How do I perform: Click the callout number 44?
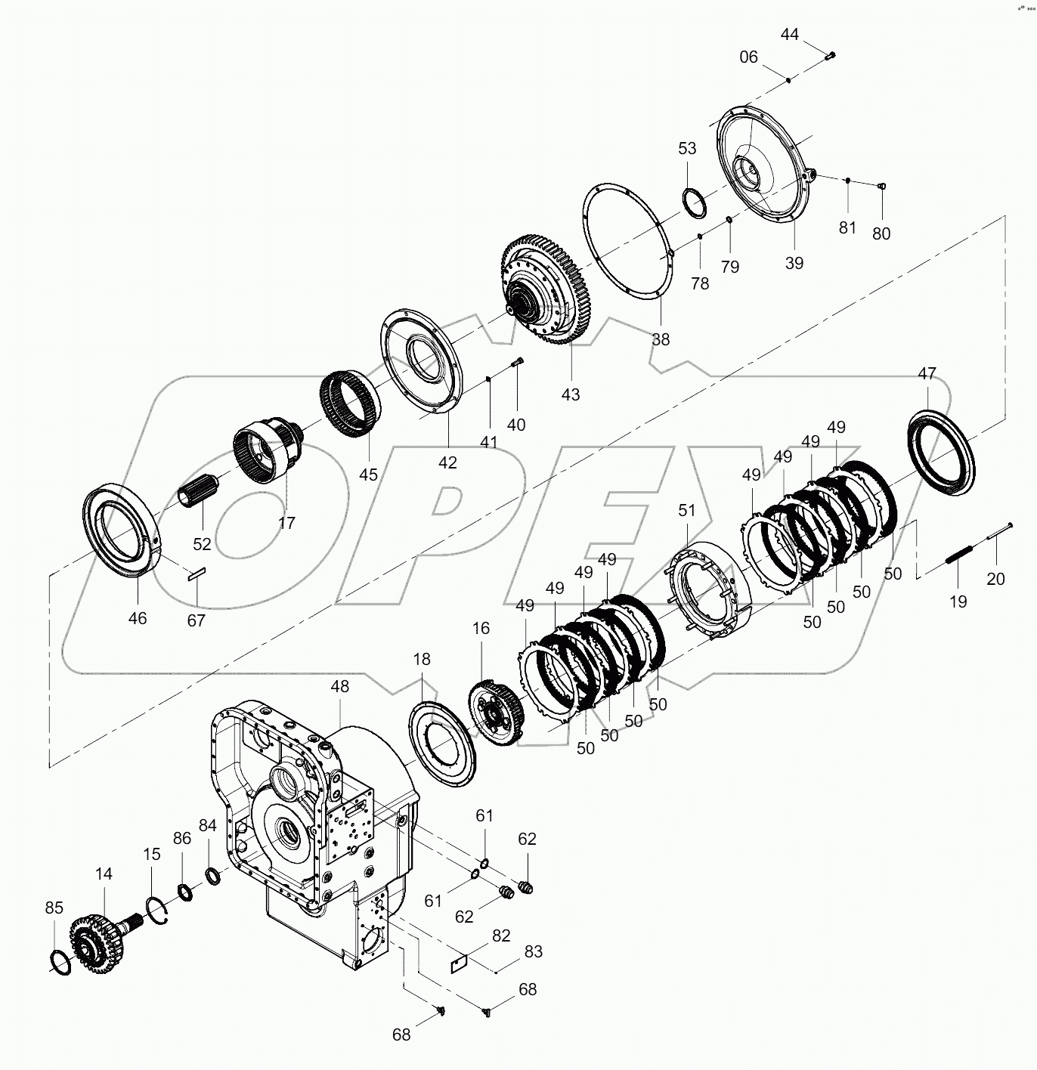point(789,35)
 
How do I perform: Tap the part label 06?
point(748,57)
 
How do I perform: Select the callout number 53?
point(686,148)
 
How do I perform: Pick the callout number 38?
point(661,339)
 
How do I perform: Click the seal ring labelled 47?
point(939,452)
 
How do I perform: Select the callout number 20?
point(996,579)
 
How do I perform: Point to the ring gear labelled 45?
point(348,404)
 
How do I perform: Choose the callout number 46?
point(138,618)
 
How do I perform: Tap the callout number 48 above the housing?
point(340,686)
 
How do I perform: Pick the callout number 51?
point(686,511)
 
